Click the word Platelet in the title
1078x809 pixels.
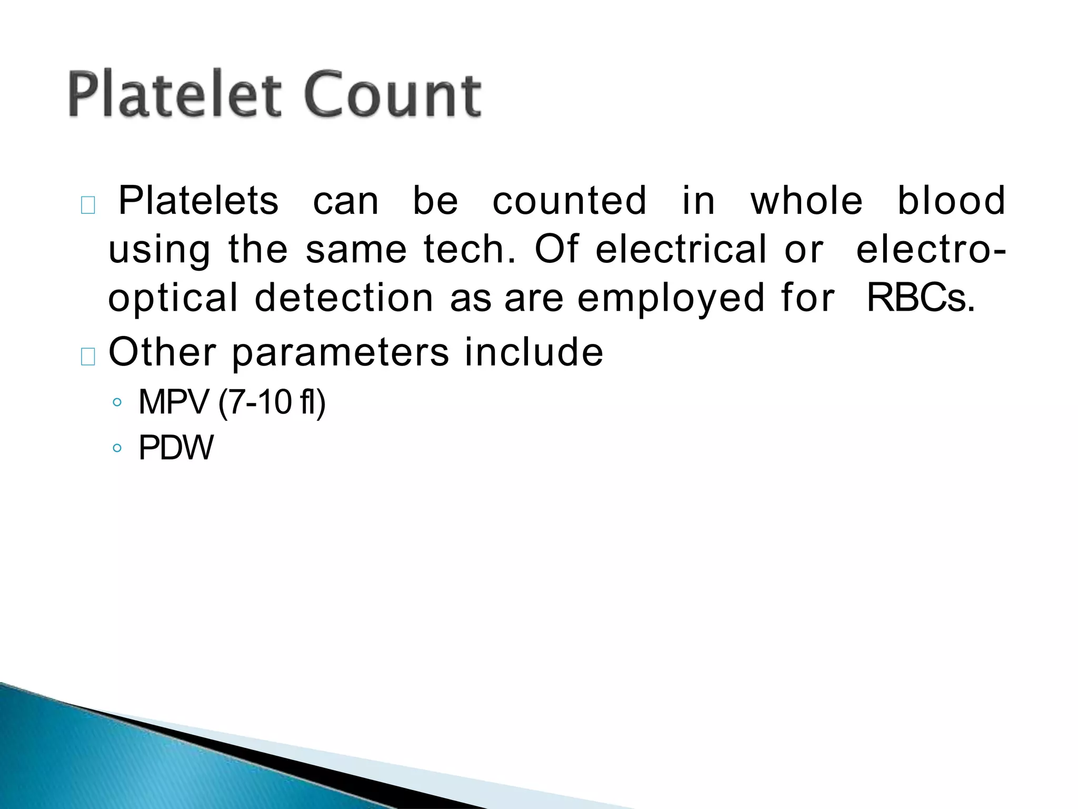(174, 95)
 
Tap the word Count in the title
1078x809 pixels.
(392, 95)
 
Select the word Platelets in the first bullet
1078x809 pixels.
(198, 201)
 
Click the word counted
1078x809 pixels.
(570, 201)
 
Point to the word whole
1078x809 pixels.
(806, 201)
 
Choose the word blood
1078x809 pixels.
(951, 201)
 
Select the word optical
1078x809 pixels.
(173, 298)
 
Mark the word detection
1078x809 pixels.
(344, 298)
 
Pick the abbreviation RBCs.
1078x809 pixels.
(921, 298)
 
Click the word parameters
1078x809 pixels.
(341, 352)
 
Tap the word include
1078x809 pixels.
(534, 352)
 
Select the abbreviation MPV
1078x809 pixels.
(174, 402)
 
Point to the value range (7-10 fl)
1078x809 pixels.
(272, 402)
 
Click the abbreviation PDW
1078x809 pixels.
(176, 448)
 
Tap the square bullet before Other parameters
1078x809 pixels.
(88, 357)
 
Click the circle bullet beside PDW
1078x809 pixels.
(117, 448)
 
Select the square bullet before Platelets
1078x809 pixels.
(88, 205)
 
